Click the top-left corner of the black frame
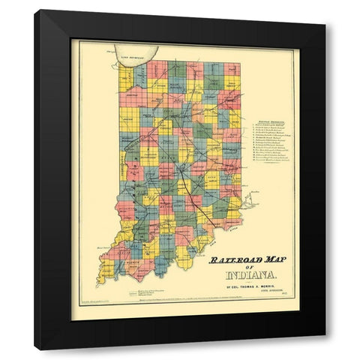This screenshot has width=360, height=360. tap(35, 11)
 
